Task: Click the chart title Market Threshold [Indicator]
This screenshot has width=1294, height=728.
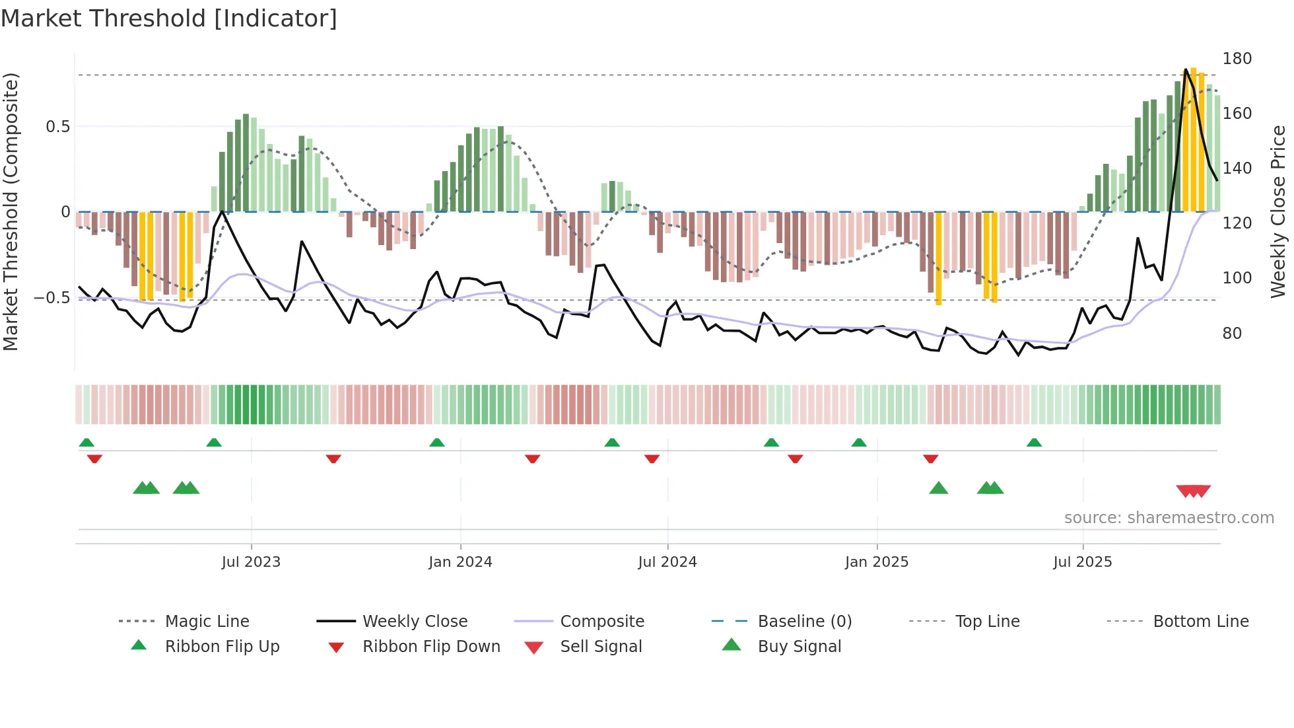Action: pos(169,18)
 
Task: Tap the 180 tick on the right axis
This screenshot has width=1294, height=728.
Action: pos(1237,59)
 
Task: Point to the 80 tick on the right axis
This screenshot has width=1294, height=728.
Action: pos(1231,334)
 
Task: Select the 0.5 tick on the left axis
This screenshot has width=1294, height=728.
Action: pos(58,127)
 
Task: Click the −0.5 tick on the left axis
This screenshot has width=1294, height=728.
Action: pos(53,298)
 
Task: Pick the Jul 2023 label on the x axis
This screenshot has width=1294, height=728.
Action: pos(251,562)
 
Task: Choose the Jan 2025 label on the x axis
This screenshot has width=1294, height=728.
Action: pos(876,562)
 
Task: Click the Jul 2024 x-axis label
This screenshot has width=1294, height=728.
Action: pos(667,562)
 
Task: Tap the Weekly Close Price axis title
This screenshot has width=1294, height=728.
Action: pos(1278,211)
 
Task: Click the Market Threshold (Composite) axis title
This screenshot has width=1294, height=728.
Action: pos(11,211)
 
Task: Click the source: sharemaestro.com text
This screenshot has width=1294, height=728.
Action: pos(1169,518)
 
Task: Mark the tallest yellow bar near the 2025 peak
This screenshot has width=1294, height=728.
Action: pos(1193,139)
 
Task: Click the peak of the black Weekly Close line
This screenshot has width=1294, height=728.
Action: pos(1186,69)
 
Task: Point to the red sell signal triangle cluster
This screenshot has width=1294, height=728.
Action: pos(1193,491)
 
